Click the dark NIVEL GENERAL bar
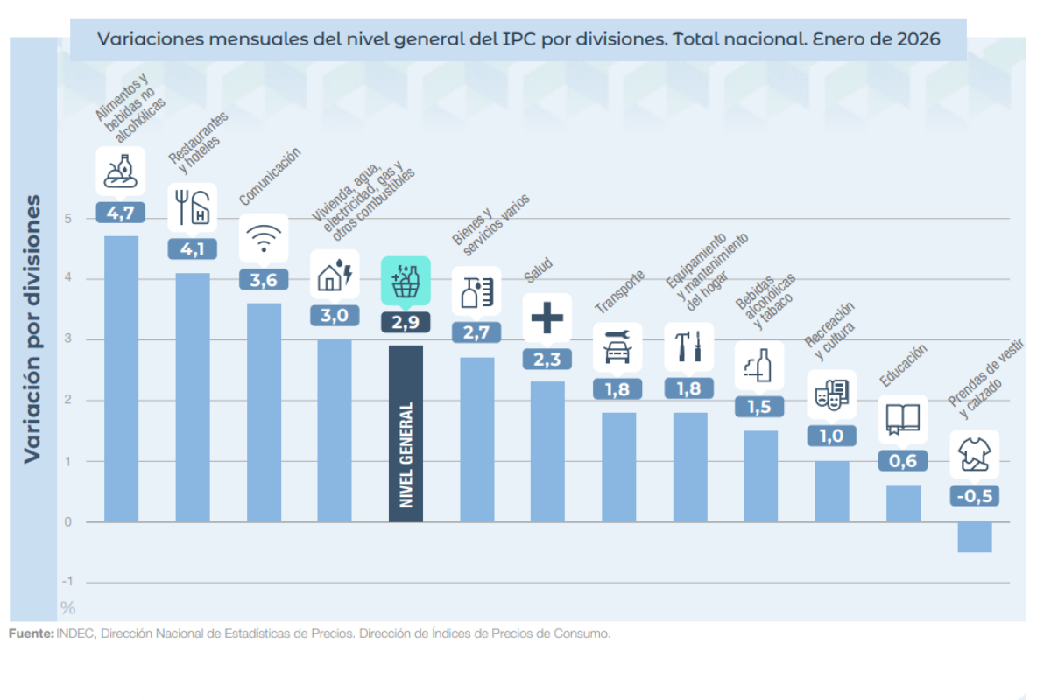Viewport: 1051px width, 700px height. [x=406, y=434]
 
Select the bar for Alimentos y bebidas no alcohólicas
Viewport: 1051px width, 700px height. [x=121, y=378]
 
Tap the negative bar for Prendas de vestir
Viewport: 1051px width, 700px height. [x=974, y=536]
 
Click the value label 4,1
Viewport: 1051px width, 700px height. [x=192, y=248]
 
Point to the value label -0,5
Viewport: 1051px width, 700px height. [x=974, y=496]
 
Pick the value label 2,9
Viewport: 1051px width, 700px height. [x=406, y=321]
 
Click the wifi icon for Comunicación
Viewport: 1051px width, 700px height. [x=264, y=237]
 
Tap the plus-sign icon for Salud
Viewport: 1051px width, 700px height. [x=547, y=317]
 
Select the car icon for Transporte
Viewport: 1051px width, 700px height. [x=618, y=347]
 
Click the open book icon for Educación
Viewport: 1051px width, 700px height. [x=903, y=418]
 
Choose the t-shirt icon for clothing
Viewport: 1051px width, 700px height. [x=974, y=454]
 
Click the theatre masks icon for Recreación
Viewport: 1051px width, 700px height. [x=831, y=395]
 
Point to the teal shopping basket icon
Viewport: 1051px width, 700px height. [x=406, y=280]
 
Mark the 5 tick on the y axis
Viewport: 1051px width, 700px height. [x=67, y=219]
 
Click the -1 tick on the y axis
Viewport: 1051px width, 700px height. [x=67, y=582]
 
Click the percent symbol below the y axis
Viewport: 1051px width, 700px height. [x=68, y=607]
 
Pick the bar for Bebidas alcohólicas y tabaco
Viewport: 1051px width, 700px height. [x=760, y=476]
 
